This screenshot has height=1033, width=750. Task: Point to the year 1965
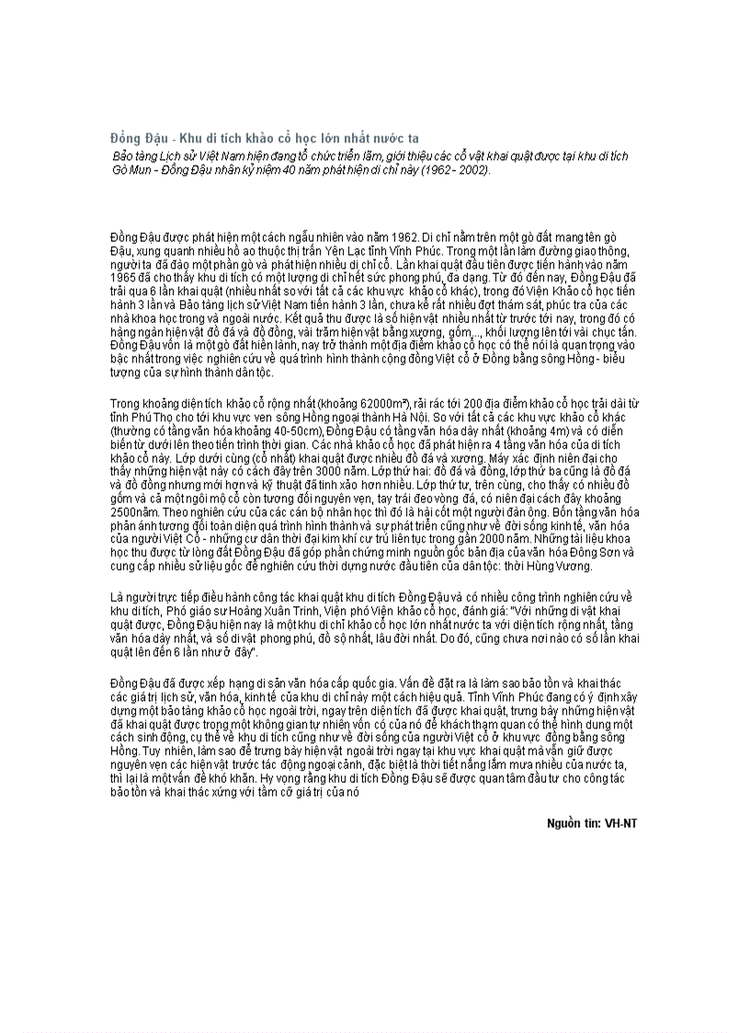[124, 276]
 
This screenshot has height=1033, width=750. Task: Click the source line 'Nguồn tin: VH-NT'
[591, 822]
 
